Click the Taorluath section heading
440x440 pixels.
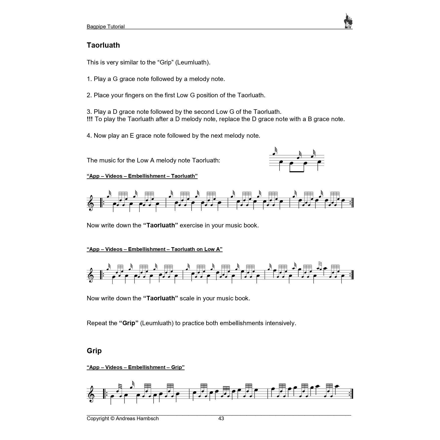(x=103, y=45)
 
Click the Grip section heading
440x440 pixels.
(x=94, y=350)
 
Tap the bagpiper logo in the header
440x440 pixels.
(x=348, y=22)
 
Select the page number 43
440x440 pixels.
(x=221, y=418)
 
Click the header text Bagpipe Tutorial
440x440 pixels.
(x=106, y=27)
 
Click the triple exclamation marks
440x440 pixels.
(x=90, y=119)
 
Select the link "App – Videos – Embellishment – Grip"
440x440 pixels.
(x=135, y=367)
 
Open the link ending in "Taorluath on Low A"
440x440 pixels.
(x=154, y=249)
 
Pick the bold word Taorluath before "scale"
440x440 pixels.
(x=160, y=298)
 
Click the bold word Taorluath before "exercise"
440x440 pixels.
(x=160, y=225)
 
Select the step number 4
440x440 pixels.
(x=89, y=136)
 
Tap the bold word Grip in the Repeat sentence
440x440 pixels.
(x=129, y=323)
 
